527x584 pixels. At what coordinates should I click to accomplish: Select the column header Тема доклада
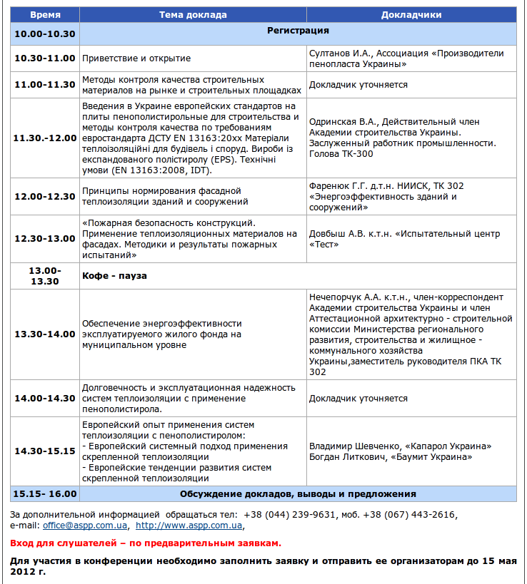tap(193, 14)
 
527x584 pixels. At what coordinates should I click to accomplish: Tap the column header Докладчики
tap(411, 14)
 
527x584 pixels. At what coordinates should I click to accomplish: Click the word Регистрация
tap(298, 31)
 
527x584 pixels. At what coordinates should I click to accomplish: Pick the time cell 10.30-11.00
tap(45, 58)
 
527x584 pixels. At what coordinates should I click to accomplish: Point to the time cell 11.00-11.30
tap(45, 85)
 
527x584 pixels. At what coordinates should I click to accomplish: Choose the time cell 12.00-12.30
tap(45, 197)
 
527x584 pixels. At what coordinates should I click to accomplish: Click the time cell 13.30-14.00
tap(45, 334)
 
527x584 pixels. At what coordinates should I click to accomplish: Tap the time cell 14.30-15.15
tap(45, 451)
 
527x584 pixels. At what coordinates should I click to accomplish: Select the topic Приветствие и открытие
tap(136, 58)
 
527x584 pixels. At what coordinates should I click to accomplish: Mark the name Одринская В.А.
tap(342, 121)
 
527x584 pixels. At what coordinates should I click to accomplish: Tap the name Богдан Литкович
tap(346, 457)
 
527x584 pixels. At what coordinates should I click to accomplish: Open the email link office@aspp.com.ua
tap(85, 526)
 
